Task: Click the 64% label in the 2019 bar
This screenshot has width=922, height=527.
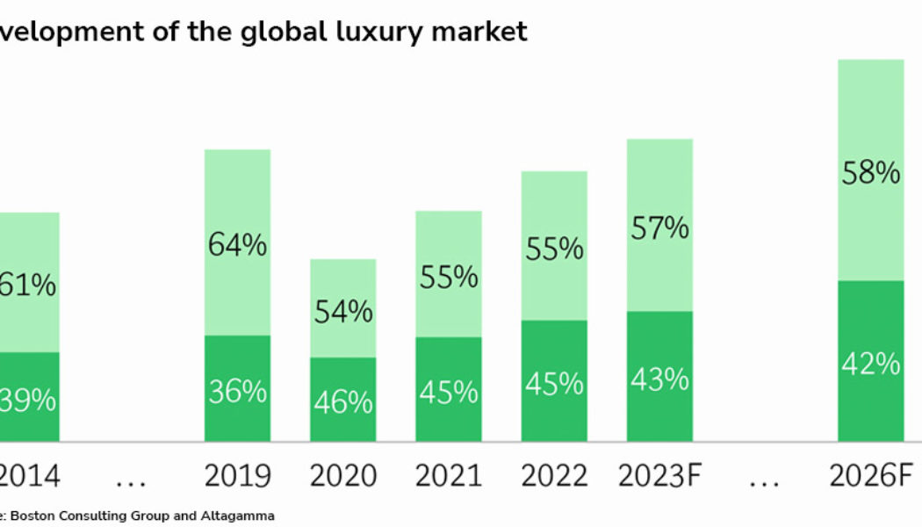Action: (237, 245)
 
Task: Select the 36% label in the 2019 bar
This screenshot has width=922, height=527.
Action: (237, 391)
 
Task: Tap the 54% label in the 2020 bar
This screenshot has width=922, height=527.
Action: (342, 311)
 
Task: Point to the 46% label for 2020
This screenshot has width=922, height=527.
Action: (342, 401)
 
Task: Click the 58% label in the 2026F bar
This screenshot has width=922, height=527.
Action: (870, 173)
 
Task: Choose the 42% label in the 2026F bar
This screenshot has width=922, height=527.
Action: (870, 363)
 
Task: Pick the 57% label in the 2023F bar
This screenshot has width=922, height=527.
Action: (659, 228)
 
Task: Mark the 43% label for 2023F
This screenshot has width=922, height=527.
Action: (659, 379)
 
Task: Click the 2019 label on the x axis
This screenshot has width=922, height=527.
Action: (237, 476)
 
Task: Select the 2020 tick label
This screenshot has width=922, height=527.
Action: (342, 476)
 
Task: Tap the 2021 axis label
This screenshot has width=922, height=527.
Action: (448, 476)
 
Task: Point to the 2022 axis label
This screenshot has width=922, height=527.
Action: (554, 476)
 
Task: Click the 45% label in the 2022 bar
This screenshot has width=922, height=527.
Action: (554, 384)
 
